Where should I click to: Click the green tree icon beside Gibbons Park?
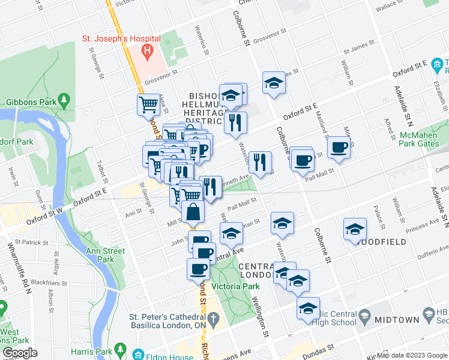pyautogui.click(x=64, y=99)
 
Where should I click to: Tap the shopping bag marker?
pyautogui.click(x=193, y=212)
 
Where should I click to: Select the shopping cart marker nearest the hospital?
pyautogui.click(x=148, y=104)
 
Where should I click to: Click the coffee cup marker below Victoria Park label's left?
pyautogui.click(x=198, y=268)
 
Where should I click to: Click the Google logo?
pyautogui.click(x=20, y=353)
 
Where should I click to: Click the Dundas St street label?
pyautogui.click(x=318, y=350)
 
